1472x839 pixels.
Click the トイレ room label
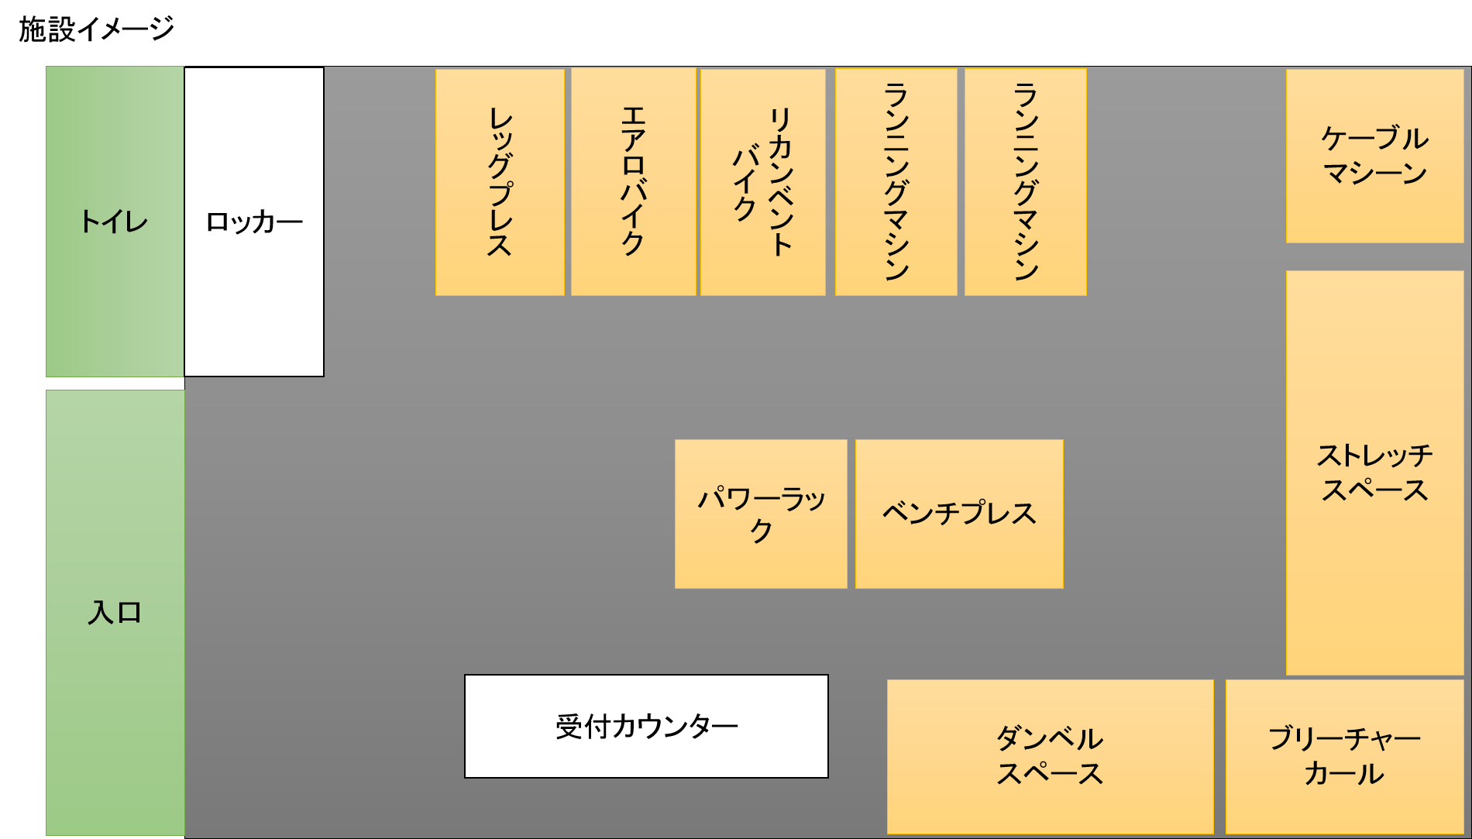pyautogui.click(x=114, y=222)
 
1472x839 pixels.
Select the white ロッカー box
pyautogui.click(x=254, y=222)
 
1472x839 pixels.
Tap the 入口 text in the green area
pyautogui.click(x=115, y=613)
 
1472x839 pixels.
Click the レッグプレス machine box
pyautogui.click(x=500, y=182)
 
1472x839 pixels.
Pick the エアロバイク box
pyautogui.click(x=633, y=182)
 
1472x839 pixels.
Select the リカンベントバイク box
pyautogui.click(x=762, y=182)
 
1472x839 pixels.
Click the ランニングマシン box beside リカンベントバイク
pyautogui.click(x=896, y=182)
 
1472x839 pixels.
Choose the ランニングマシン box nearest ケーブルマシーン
pyautogui.click(x=1025, y=182)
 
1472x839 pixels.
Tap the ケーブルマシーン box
pyautogui.click(x=1374, y=156)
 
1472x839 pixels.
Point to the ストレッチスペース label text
pyautogui.click(x=1374, y=473)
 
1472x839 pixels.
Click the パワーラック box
pyautogui.click(x=761, y=514)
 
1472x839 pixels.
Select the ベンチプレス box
pyautogui.click(x=959, y=514)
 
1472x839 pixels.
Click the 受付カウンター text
pyautogui.click(x=646, y=727)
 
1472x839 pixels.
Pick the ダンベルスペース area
pyautogui.click(x=1050, y=756)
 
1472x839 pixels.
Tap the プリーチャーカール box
pyautogui.click(x=1344, y=756)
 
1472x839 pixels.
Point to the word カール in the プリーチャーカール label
pyautogui.click(x=1344, y=774)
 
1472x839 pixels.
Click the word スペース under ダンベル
pyautogui.click(x=1050, y=774)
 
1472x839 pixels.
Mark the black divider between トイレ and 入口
pyautogui.click(x=115, y=383)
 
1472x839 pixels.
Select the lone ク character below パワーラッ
pyautogui.click(x=761, y=531)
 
